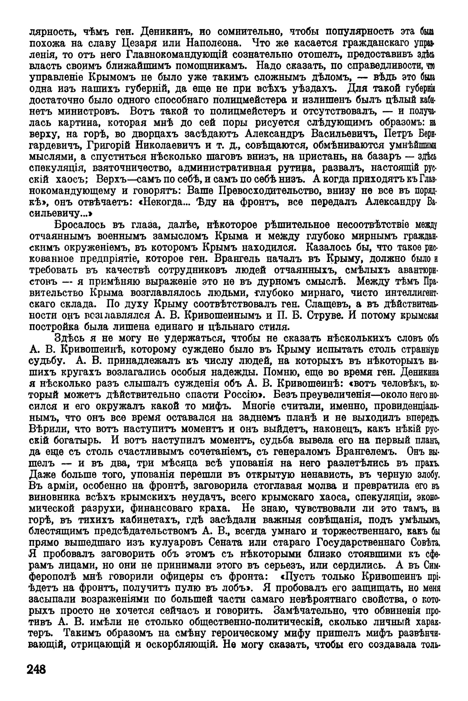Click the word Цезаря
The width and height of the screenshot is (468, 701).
pyautogui.click(x=140, y=44)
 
